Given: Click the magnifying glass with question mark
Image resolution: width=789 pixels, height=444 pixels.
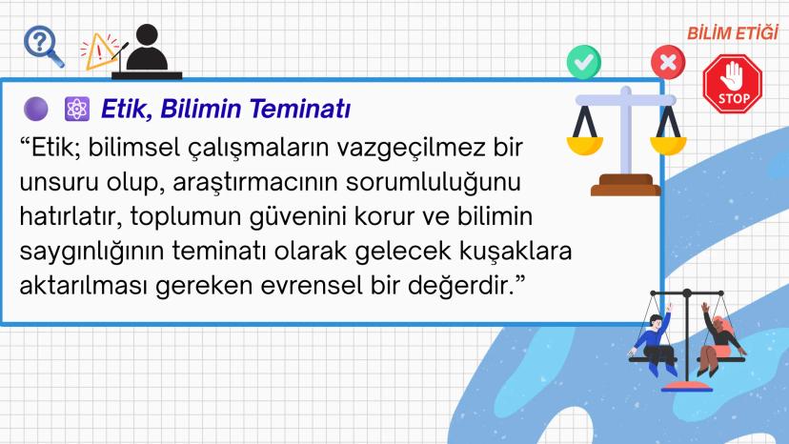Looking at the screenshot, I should (x=41, y=45).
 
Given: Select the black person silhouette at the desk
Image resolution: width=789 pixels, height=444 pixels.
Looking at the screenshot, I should (x=152, y=50).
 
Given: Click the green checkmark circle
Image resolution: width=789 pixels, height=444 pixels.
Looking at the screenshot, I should (x=583, y=62).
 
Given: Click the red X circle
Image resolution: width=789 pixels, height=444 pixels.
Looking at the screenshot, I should (x=667, y=63).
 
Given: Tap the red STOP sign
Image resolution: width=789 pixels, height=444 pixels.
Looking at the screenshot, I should (x=734, y=84).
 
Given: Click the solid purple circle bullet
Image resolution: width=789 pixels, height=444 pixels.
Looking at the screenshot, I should (x=35, y=110).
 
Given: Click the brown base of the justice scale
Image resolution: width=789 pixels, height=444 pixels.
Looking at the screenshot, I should (x=625, y=184).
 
